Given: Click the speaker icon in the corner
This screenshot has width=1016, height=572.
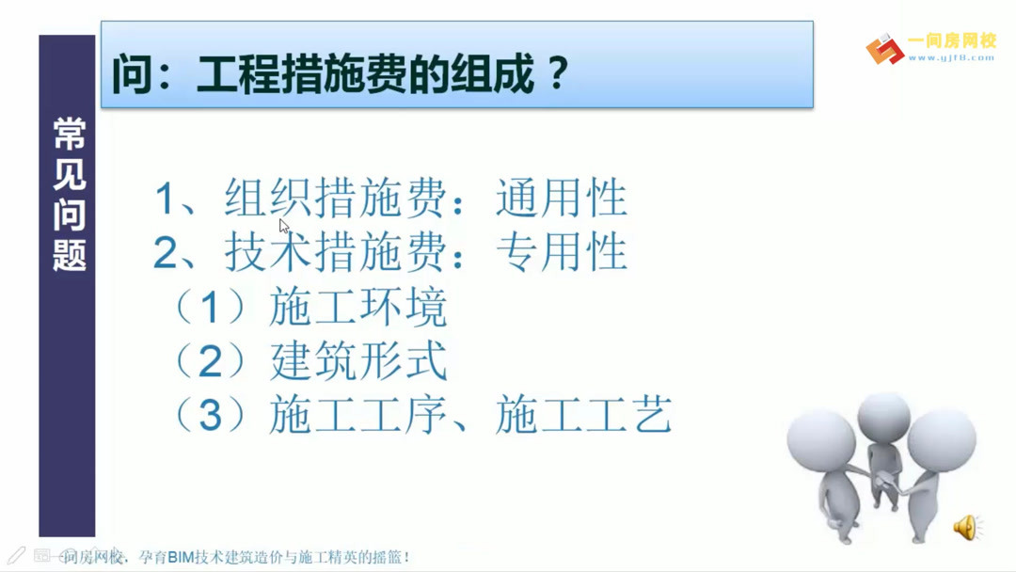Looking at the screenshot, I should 965,528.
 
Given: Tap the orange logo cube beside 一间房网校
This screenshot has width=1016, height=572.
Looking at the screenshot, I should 884,49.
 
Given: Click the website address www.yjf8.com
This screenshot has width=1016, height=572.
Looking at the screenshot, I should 951,58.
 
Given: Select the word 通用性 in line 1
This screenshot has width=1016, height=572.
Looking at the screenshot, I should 562,199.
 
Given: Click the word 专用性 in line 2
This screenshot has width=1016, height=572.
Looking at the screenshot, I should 562,253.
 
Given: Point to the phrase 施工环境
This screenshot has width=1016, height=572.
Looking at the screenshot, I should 357,309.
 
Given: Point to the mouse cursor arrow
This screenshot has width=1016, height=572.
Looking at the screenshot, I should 283,225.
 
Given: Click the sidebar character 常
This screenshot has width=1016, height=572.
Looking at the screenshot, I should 69,135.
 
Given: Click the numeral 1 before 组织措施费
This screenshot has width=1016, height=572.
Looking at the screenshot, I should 167,199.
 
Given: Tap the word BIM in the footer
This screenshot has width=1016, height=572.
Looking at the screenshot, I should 180,557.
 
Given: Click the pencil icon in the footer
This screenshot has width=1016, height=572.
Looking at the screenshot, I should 16,555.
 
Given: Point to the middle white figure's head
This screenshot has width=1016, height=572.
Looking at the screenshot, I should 883,414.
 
